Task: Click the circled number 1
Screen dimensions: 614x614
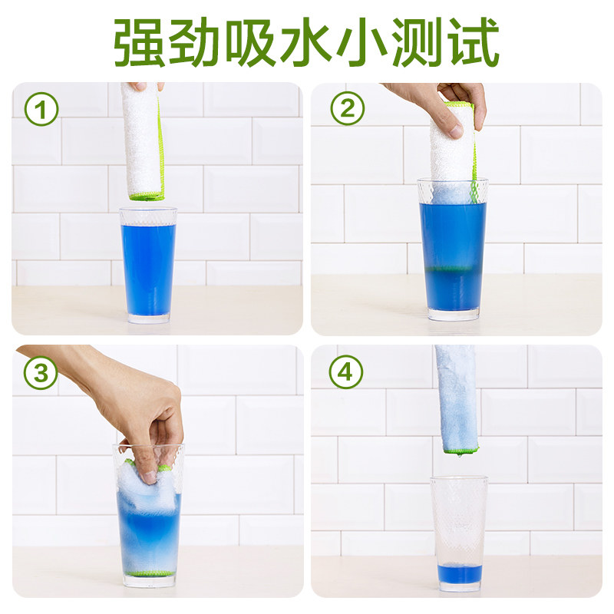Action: tap(41, 111)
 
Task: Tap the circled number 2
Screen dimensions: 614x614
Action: tap(347, 111)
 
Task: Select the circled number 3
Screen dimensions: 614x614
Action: tap(41, 374)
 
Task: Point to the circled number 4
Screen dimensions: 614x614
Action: tap(346, 374)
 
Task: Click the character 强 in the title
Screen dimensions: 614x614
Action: tap(140, 41)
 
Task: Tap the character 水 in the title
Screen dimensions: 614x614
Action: tap(307, 41)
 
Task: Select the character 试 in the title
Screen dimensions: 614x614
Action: tap(473, 41)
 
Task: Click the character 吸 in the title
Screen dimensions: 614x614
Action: tap(251, 41)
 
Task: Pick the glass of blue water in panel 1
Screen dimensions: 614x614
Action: tap(147, 265)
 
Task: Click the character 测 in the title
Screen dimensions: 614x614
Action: tap(418, 41)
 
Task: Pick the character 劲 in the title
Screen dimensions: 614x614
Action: tap(196, 41)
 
